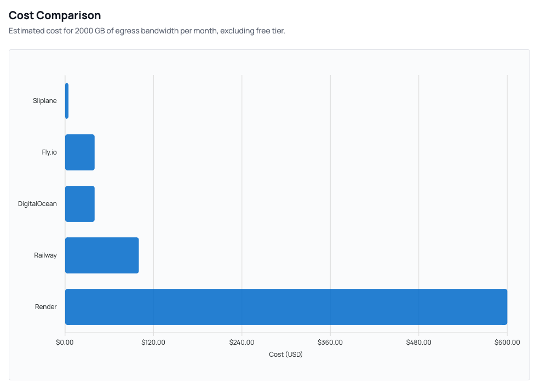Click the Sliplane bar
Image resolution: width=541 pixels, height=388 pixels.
tap(67, 101)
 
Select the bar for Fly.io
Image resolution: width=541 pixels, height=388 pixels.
tap(80, 152)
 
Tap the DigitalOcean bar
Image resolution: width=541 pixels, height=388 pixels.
tap(80, 204)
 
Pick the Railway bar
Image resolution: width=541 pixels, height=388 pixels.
tap(102, 255)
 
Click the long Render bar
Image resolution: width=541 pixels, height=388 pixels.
tap(286, 307)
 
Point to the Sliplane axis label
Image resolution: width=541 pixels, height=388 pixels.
tap(44, 101)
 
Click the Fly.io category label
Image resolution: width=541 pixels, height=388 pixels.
tap(49, 152)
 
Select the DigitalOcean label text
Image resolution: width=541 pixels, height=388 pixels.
tap(37, 204)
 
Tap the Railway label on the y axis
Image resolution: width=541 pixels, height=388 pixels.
tap(45, 255)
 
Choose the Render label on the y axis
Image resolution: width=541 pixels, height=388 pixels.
tap(46, 307)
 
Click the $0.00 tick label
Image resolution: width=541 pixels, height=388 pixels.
tap(65, 343)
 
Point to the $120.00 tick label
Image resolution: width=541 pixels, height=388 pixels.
tap(153, 343)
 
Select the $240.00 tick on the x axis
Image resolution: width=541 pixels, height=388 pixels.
tap(241, 343)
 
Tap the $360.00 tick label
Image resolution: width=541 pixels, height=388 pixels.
tap(330, 343)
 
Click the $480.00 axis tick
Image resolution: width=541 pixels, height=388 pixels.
tap(418, 343)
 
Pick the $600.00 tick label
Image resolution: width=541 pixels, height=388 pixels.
tap(507, 343)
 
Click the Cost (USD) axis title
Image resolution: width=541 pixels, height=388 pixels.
tap(286, 355)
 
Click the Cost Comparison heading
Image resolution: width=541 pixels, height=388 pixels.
tap(55, 15)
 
